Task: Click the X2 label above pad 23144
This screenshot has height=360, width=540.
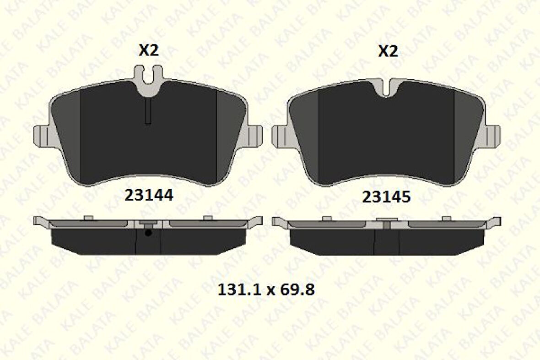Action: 149,50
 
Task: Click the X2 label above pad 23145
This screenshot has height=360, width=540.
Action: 388,51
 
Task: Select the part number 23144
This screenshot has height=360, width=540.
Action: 149,195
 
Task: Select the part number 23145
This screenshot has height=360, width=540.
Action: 386,197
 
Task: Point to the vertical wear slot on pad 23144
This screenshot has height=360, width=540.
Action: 148,111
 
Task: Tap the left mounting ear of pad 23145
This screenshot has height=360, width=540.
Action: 278,136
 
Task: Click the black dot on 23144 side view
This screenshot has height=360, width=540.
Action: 148,233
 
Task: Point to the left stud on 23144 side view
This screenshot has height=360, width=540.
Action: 89,218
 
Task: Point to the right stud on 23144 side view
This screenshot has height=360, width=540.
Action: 208,218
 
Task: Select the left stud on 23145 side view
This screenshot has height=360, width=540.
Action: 327,218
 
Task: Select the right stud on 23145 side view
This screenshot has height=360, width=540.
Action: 446,218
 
